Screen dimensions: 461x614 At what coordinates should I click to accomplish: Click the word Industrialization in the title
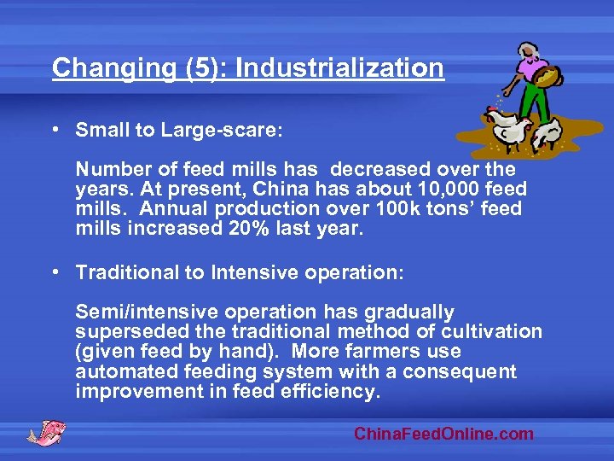(x=339, y=67)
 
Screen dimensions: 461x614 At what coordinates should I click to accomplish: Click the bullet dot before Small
(x=55, y=131)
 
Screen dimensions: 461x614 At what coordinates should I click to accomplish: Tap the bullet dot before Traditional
(x=55, y=272)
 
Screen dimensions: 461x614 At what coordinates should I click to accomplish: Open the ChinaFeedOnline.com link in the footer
(x=443, y=434)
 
